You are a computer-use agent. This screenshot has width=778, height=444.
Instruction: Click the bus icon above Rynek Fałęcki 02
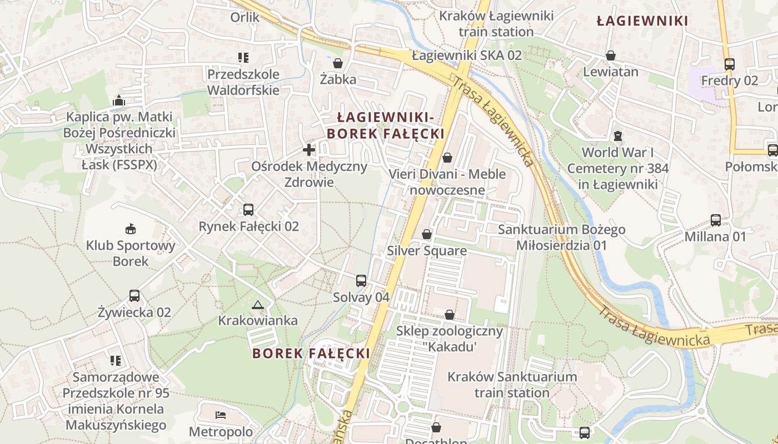pyautogui.click(x=248, y=210)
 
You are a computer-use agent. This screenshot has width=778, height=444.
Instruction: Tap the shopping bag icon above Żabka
pyautogui.click(x=338, y=63)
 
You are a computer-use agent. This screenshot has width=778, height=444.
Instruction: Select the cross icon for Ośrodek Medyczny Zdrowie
pyautogui.click(x=309, y=149)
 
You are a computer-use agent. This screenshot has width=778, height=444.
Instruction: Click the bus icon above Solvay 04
pyautogui.click(x=361, y=280)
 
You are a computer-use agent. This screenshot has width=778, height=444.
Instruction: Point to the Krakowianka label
pyautogui.click(x=257, y=320)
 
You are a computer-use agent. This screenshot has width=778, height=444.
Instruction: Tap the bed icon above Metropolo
pyautogui.click(x=221, y=415)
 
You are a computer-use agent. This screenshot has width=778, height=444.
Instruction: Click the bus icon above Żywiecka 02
pyautogui.click(x=134, y=295)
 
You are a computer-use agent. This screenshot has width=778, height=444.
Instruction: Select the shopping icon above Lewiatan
pyautogui.click(x=610, y=55)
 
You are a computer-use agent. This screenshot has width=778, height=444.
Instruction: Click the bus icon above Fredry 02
pyautogui.click(x=729, y=64)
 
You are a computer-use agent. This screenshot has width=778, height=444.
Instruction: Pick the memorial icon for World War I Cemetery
pyautogui.click(x=617, y=135)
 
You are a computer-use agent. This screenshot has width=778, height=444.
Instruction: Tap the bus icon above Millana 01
pyautogui.click(x=715, y=220)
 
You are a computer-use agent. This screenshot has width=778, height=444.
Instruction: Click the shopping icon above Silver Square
pyautogui.click(x=427, y=234)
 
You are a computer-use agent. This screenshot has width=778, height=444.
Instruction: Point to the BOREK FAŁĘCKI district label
pyautogui.click(x=311, y=353)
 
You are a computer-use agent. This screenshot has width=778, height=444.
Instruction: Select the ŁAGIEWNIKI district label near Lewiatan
pyautogui.click(x=642, y=21)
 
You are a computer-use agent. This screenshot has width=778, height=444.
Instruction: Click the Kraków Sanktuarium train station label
pyautogui.click(x=512, y=385)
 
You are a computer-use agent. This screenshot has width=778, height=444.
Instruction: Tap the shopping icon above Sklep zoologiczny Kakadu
pyautogui.click(x=449, y=315)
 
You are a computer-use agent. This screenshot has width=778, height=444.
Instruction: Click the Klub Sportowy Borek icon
pyautogui.click(x=131, y=229)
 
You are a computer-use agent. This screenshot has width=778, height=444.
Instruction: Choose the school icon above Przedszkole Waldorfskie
pyautogui.click(x=243, y=57)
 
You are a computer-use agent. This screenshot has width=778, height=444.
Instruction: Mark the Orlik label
pyautogui.click(x=245, y=17)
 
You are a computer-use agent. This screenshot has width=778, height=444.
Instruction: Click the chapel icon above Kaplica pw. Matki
pyautogui.click(x=118, y=100)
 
